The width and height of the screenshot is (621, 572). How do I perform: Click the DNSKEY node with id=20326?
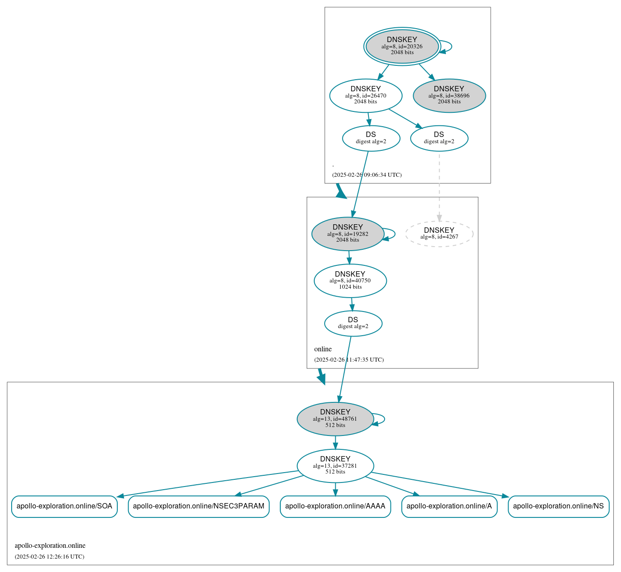tap(402, 46)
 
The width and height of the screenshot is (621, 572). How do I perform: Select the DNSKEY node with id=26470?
tap(366, 95)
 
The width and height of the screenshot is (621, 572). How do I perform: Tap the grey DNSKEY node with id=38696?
tap(449, 95)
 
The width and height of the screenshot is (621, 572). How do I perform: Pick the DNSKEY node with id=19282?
tap(348, 234)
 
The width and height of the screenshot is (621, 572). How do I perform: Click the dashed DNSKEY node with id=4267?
tap(439, 234)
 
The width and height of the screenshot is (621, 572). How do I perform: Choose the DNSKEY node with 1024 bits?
tap(350, 281)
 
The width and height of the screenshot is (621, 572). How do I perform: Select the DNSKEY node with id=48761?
tap(335, 419)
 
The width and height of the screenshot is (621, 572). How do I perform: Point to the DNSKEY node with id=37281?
tap(335, 465)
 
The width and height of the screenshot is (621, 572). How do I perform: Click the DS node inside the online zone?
tap(353, 323)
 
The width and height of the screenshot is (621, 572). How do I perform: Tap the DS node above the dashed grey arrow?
tap(439, 138)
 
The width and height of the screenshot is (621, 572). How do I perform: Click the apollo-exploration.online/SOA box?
tap(64, 506)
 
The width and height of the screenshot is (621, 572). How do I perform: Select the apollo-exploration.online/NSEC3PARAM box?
tap(198, 506)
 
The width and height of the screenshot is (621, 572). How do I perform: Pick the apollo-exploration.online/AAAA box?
tap(335, 506)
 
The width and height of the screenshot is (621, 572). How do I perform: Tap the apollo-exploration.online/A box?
tap(449, 506)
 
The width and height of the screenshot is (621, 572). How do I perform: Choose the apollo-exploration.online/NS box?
tap(558, 506)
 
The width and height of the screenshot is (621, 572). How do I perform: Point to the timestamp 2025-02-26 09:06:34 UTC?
tap(367, 175)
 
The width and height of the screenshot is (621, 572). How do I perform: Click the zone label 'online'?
tap(323, 349)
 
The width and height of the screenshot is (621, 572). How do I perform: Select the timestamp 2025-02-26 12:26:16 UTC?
tap(49, 557)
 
